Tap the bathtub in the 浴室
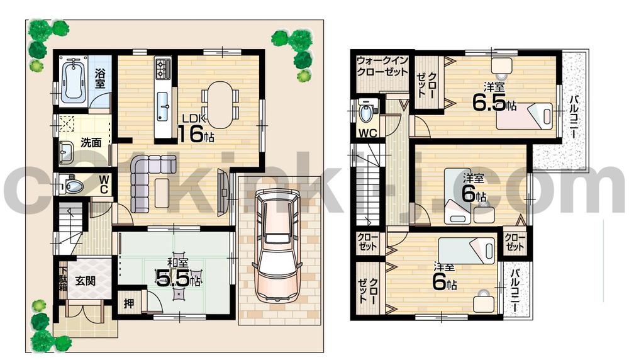point(74,81)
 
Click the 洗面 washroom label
point(91,142)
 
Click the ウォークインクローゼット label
point(382,65)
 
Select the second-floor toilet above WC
point(365,114)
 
